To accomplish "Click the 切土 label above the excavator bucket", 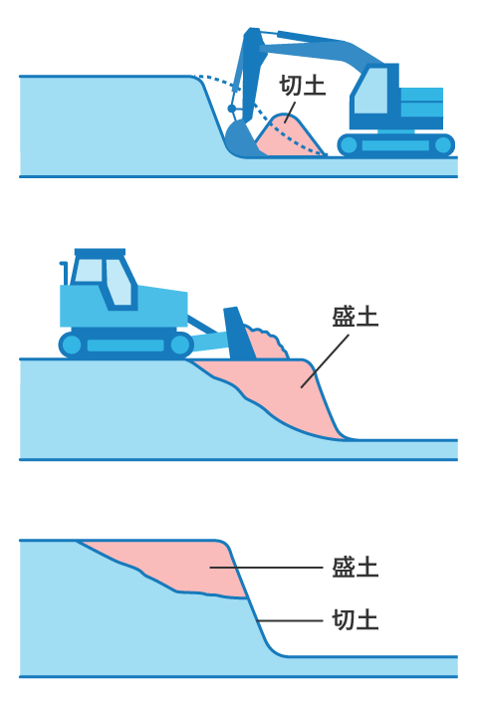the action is pos(303,85).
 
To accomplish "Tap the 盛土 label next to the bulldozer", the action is pos(356,317).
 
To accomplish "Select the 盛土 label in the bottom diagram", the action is pos(356,567).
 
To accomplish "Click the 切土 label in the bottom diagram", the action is pos(356,620).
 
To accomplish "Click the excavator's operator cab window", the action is pos(371,91).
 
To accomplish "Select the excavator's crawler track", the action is pos(395,144).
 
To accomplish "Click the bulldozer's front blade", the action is pos(239,334).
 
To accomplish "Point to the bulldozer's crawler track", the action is pos(125,345).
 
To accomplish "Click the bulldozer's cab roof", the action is pos(100,252).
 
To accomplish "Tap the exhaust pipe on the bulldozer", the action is pos(65,273).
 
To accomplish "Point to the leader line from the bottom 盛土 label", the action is pos(266,568).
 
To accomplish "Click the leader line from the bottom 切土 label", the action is pos(290,620).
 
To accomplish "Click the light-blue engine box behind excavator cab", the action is pos(421,103).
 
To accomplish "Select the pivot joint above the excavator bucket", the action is pos(232,109).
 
